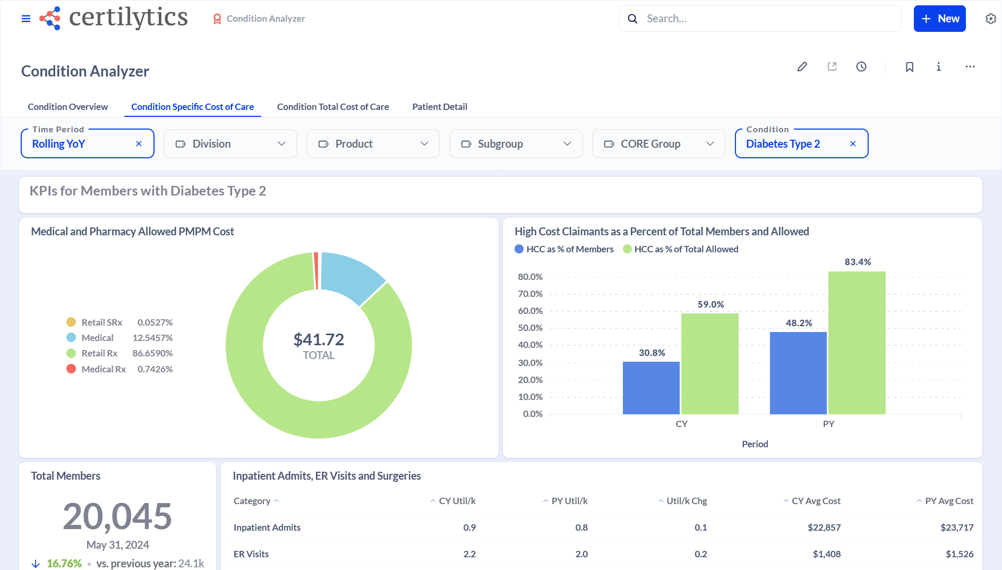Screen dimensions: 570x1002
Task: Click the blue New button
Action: point(939,19)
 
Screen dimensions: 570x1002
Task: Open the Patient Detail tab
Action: point(439,107)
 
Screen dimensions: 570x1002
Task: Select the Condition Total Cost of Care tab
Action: point(332,107)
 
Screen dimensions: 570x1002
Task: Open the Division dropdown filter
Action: point(230,144)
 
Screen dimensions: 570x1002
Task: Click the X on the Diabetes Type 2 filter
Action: point(853,144)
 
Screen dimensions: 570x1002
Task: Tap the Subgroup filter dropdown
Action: point(516,144)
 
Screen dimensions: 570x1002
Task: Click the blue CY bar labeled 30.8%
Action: point(651,388)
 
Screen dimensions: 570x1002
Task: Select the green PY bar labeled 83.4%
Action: point(857,343)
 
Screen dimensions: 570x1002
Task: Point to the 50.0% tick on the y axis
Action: point(530,328)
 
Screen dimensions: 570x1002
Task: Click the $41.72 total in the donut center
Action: point(319,339)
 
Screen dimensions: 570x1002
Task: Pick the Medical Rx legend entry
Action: point(104,369)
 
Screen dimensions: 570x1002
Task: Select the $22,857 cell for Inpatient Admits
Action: point(824,528)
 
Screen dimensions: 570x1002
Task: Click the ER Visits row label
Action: point(251,554)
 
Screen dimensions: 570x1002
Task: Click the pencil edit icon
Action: point(802,67)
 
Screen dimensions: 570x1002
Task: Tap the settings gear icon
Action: point(990,19)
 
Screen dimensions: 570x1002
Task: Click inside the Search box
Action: point(765,19)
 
